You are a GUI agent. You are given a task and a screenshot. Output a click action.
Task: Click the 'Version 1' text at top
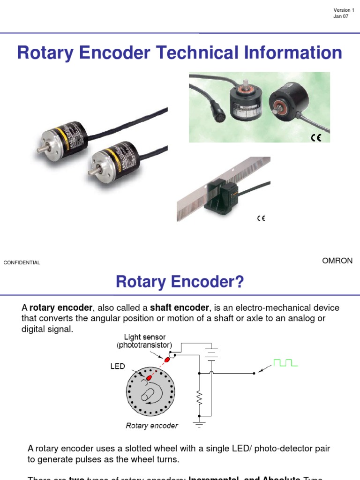coord(344,10)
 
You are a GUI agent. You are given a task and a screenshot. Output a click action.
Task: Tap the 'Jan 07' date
coord(341,17)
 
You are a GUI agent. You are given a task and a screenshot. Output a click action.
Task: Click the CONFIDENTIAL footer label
coord(22,262)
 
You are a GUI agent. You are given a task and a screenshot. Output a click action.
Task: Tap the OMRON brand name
coord(337,261)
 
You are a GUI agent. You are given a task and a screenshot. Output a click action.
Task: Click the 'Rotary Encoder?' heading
coord(180,282)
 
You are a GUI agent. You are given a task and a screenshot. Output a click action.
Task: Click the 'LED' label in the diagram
coord(118,366)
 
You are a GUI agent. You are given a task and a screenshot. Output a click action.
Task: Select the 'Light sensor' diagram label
coord(144,337)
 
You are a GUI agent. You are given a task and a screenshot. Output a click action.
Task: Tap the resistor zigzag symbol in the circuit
coord(199,399)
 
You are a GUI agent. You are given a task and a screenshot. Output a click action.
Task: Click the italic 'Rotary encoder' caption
coord(152,426)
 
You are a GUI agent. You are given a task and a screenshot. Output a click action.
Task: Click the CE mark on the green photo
coord(316,138)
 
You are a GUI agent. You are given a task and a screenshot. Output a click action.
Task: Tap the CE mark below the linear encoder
coord(261,218)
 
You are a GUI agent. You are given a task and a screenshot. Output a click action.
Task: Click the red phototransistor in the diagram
coord(166,359)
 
